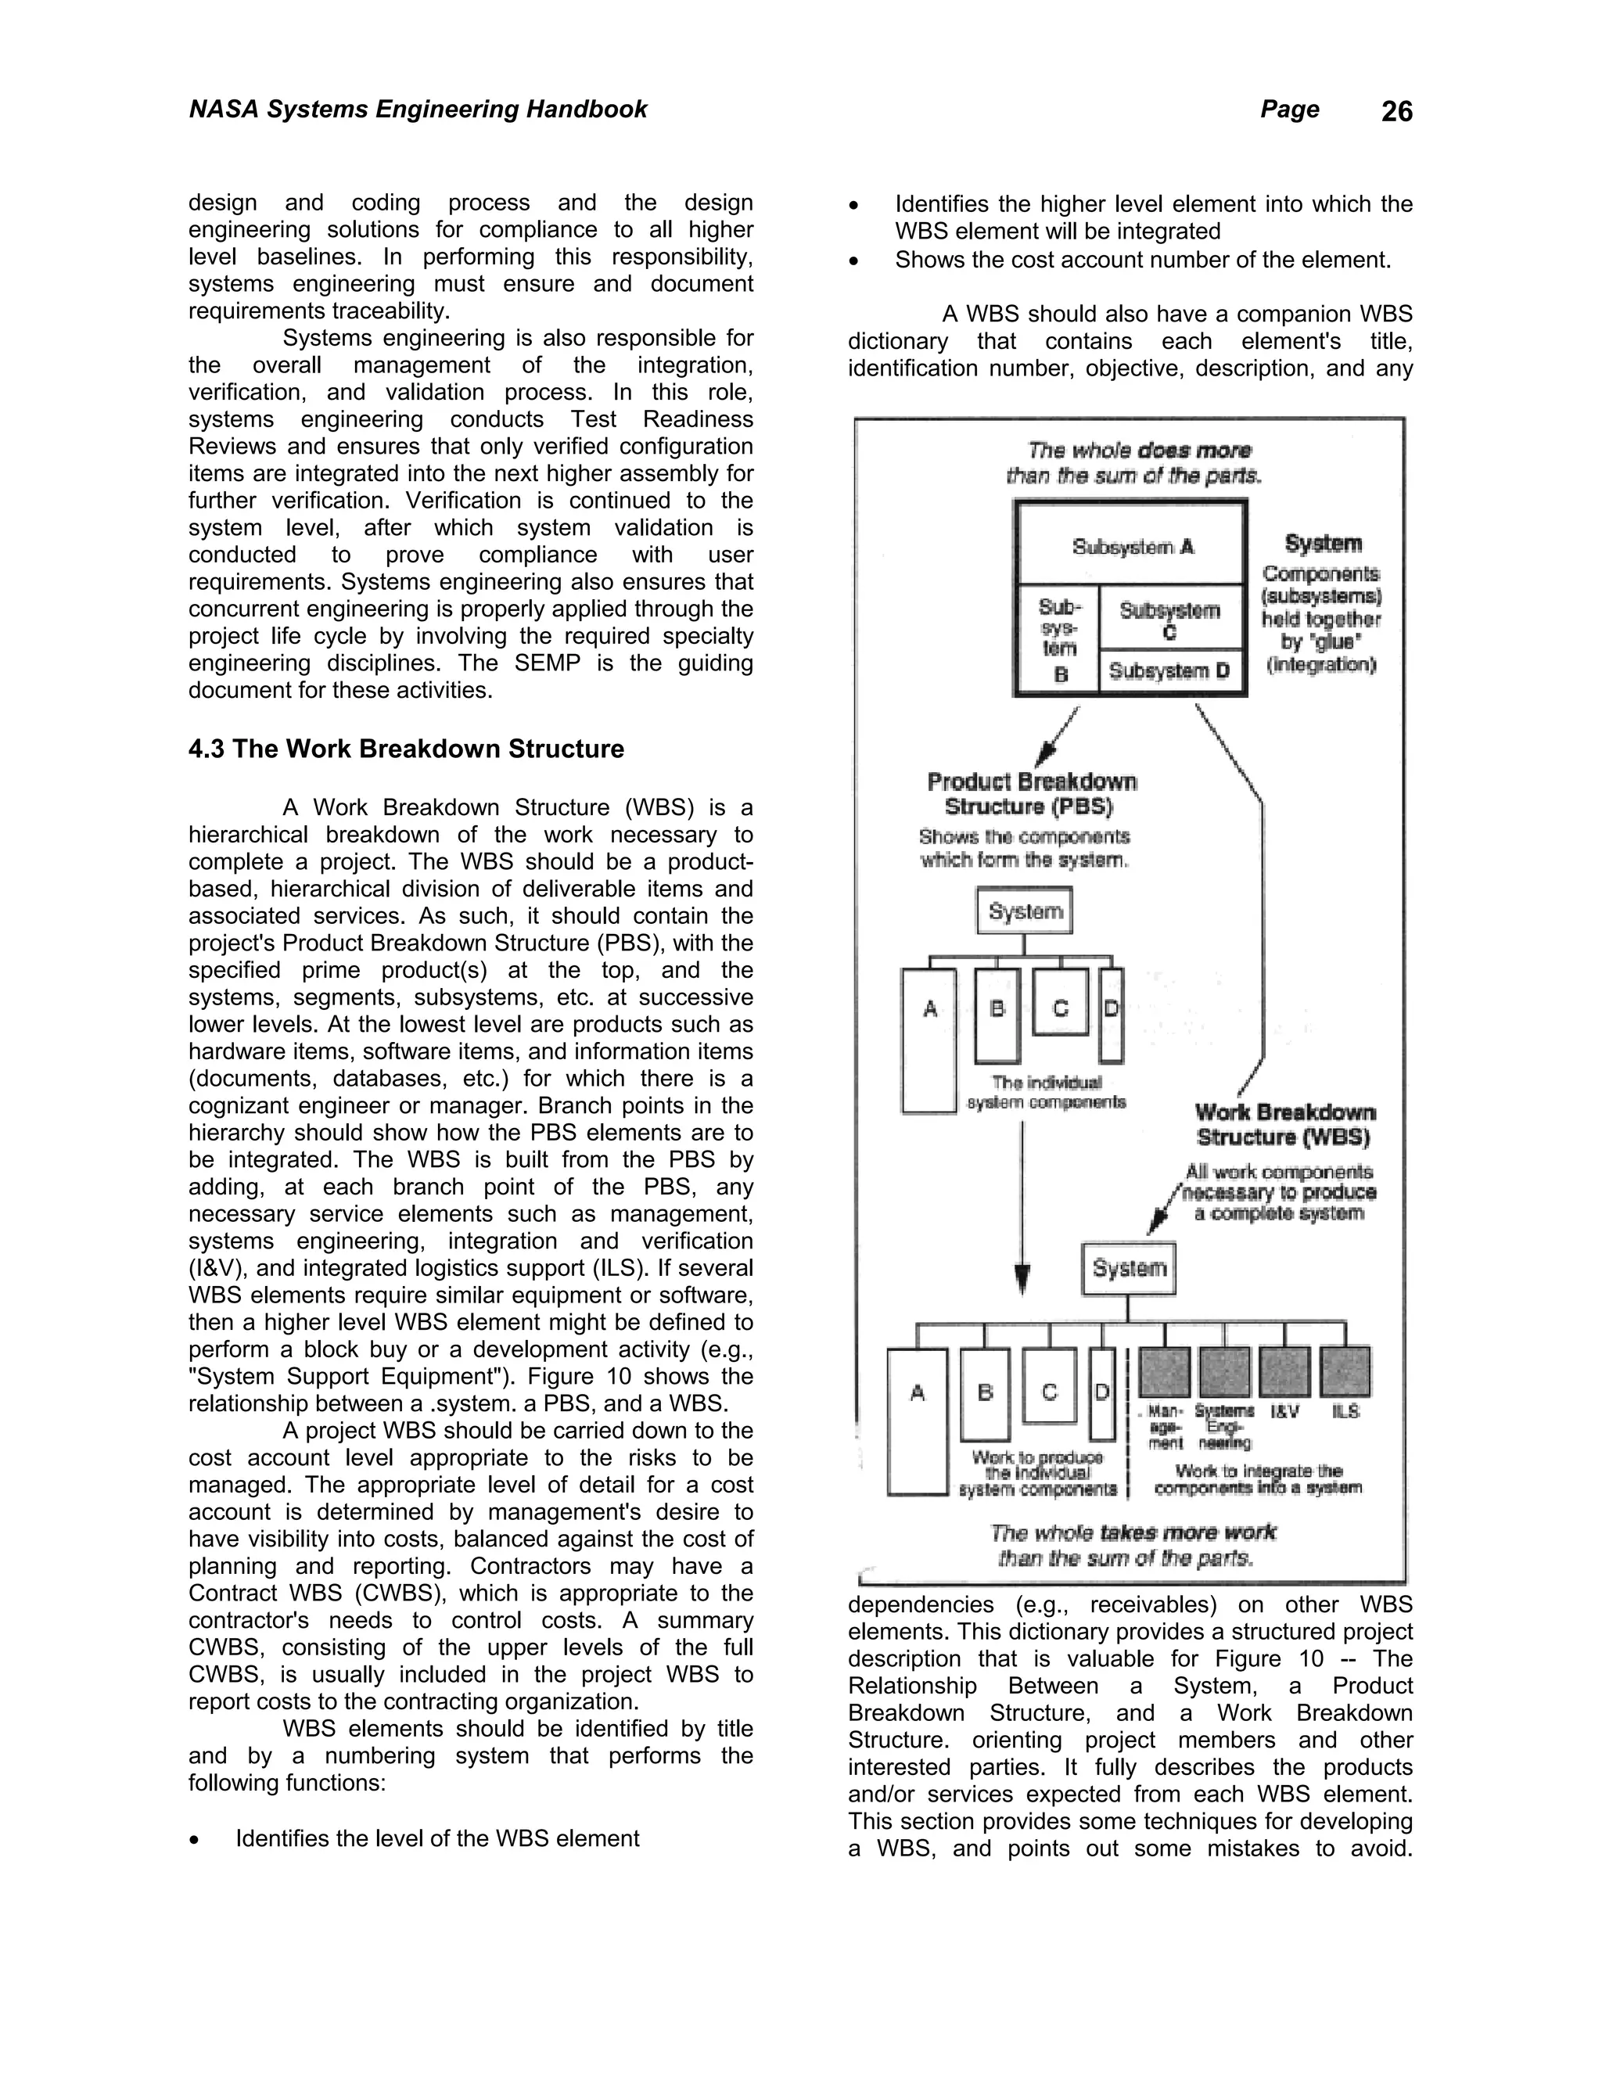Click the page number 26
(1396, 112)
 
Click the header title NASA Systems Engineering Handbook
(418, 110)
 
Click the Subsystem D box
(1169, 671)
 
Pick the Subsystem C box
(1169, 617)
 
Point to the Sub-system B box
(1058, 640)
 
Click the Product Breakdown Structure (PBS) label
(1031, 793)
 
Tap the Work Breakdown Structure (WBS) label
(1284, 1124)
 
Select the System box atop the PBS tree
(1024, 911)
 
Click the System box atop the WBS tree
(1129, 1268)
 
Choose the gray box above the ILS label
(1345, 1371)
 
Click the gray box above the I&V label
(1284, 1371)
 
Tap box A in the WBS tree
(917, 1420)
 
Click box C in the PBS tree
(1060, 1008)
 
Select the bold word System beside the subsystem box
(1322, 544)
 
